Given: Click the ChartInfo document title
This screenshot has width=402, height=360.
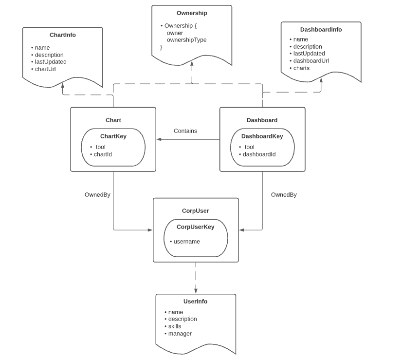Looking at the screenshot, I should click(x=63, y=35).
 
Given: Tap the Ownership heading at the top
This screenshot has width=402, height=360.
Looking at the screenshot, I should click(x=192, y=13).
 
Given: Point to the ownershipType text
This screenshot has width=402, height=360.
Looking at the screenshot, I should click(x=186, y=40).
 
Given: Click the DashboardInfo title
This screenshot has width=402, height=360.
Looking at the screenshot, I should click(x=321, y=30).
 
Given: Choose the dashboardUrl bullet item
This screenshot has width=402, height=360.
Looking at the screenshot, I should click(x=311, y=61).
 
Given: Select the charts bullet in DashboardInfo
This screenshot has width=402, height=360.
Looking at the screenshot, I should click(x=301, y=68).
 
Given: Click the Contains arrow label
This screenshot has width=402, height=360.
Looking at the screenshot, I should click(x=185, y=131).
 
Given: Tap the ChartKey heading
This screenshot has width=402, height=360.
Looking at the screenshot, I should click(x=113, y=136).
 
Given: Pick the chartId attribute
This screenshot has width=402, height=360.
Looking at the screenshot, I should click(x=103, y=154).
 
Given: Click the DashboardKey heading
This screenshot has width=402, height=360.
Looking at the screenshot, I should click(x=262, y=136).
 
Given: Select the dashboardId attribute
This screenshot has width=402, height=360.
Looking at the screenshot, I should click(x=259, y=154).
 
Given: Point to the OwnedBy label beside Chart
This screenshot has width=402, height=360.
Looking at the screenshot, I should click(x=97, y=195).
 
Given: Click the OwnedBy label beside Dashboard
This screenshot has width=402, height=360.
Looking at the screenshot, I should click(x=284, y=195).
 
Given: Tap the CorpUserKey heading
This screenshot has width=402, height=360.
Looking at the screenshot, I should click(x=195, y=227).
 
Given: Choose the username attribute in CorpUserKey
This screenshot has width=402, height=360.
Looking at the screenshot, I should click(x=186, y=242).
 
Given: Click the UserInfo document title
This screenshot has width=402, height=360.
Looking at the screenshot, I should click(x=195, y=302).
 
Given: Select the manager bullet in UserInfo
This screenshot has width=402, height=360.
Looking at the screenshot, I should click(x=180, y=334).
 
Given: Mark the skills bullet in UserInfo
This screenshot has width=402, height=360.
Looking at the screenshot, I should click(x=174, y=326).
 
